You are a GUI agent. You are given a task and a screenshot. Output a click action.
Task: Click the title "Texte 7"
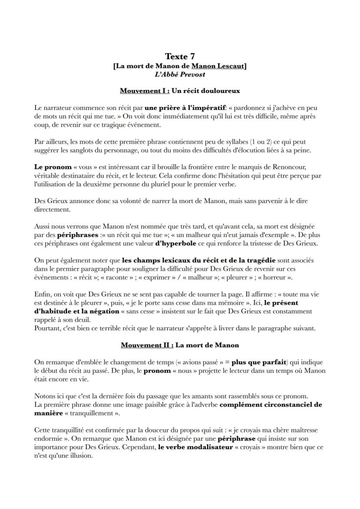click(180, 56)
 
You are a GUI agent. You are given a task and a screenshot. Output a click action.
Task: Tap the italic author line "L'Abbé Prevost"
click(180, 74)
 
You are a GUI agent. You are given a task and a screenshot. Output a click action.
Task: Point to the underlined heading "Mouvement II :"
click(147, 345)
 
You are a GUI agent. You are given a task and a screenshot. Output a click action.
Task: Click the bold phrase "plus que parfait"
click(259, 362)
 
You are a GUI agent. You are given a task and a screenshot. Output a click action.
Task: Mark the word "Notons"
click(44, 396)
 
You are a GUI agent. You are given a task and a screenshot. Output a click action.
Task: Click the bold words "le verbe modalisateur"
click(196, 447)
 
